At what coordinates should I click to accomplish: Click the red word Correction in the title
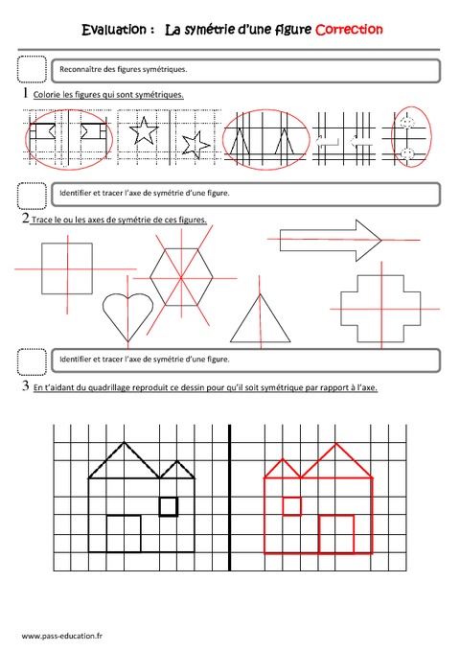coord(350,30)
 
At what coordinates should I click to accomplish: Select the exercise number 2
coord(22,220)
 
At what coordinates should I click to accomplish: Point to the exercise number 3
coord(22,387)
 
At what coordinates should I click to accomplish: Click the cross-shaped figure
coord(379,309)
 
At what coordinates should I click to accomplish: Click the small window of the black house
coord(168,506)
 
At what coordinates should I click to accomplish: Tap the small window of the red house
coord(292,506)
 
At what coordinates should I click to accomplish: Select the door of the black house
coord(124,533)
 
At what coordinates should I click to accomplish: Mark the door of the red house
coord(336,533)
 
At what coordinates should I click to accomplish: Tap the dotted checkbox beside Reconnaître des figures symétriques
coord(32,70)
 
